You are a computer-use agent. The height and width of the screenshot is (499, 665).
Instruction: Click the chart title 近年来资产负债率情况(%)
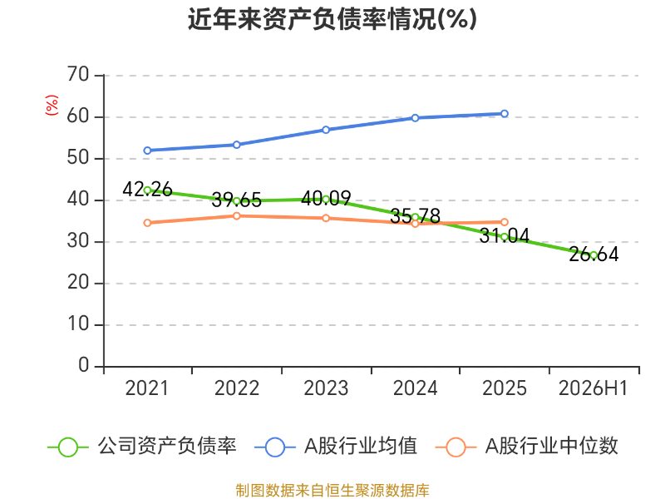coord(332,19)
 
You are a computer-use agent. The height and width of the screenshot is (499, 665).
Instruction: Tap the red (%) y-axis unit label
coord(52,105)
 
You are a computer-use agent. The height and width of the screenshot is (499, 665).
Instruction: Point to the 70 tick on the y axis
coord(78,75)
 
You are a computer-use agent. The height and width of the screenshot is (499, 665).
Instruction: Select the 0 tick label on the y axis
coord(84,365)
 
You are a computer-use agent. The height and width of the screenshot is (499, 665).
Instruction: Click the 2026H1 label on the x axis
coord(593,388)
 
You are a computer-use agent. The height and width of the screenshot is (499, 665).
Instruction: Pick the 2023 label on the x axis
coord(326,388)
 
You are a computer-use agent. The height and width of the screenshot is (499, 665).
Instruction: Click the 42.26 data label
coord(147,190)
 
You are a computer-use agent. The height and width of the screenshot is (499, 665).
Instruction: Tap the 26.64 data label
coord(594,254)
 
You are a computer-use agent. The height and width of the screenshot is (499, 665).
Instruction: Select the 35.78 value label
coord(415,216)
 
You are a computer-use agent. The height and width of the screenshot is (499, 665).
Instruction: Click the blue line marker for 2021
coord(147,151)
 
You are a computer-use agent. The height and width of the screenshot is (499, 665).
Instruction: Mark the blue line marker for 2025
coord(505,114)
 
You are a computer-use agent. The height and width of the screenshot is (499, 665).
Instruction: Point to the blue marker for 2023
coord(326,130)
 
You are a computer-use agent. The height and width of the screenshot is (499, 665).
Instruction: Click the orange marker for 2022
coord(237,216)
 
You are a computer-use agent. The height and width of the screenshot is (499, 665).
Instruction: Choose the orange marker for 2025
coord(505,222)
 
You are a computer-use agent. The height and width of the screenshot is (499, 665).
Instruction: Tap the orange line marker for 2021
coord(147,223)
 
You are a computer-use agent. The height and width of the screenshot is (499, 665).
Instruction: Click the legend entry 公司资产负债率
coord(142,447)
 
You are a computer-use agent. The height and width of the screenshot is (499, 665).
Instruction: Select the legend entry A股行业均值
coord(336,447)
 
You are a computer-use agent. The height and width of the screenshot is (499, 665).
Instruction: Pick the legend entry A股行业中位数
coord(527,447)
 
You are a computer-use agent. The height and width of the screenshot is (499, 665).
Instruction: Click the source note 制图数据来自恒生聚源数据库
coord(332,491)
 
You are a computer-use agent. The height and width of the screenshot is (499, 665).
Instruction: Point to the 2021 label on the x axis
coord(147,388)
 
